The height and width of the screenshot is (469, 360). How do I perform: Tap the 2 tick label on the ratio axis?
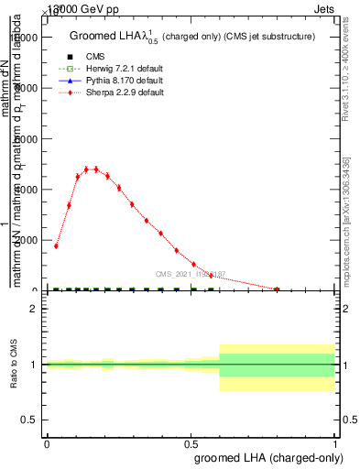pyautogui.click(x=34, y=309)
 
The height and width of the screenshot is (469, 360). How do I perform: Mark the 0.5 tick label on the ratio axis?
pyautogui.click(x=30, y=420)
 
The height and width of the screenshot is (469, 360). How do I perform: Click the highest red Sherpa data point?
pyautogui.click(x=95, y=169)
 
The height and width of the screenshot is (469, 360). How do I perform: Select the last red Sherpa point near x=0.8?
pyautogui.click(x=277, y=289)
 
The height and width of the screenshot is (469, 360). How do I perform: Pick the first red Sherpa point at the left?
pyautogui.click(x=56, y=245)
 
